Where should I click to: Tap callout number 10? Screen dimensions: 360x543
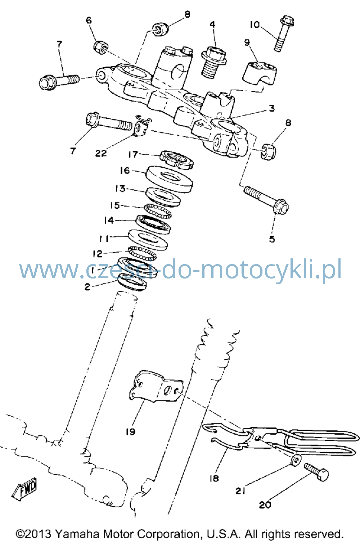tap(255, 25)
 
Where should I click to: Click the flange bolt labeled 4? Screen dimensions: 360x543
tap(213, 62)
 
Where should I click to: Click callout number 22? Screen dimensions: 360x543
tap(101, 153)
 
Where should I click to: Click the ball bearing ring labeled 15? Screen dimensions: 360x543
tap(158, 211)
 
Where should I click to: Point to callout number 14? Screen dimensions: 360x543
tap(109, 220)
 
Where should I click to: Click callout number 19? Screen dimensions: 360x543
tap(131, 431)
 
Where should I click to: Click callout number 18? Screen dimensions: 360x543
tap(214, 478)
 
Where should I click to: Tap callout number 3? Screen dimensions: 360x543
tap(272, 108)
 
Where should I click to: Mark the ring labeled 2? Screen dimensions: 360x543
tap(132, 282)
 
